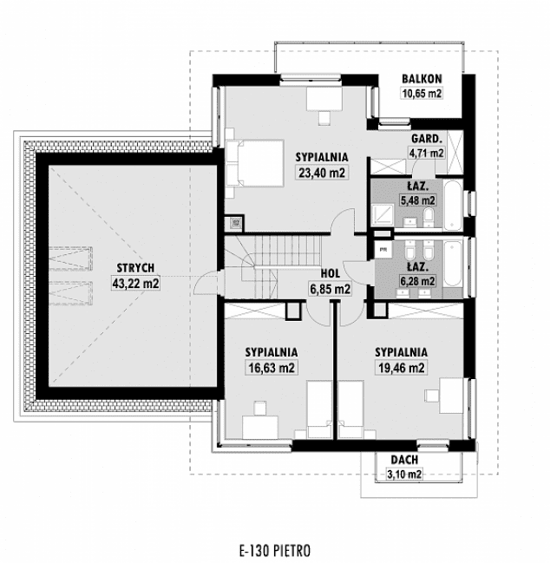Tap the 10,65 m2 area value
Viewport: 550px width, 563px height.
click(x=422, y=94)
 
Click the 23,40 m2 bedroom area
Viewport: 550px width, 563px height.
click(x=322, y=172)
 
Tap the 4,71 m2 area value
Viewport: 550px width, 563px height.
click(x=426, y=154)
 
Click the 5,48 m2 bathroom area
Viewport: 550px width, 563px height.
click(x=416, y=200)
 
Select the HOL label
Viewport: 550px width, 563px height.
click(x=330, y=273)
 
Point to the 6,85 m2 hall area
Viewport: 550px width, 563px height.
click(x=330, y=289)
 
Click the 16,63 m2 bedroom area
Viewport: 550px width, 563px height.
click(x=271, y=367)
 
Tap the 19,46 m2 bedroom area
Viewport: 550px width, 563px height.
click(x=400, y=367)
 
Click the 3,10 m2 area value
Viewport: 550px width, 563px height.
click(x=404, y=474)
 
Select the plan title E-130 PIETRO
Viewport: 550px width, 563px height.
click(x=274, y=549)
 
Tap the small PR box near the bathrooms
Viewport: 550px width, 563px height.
click(x=382, y=249)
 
